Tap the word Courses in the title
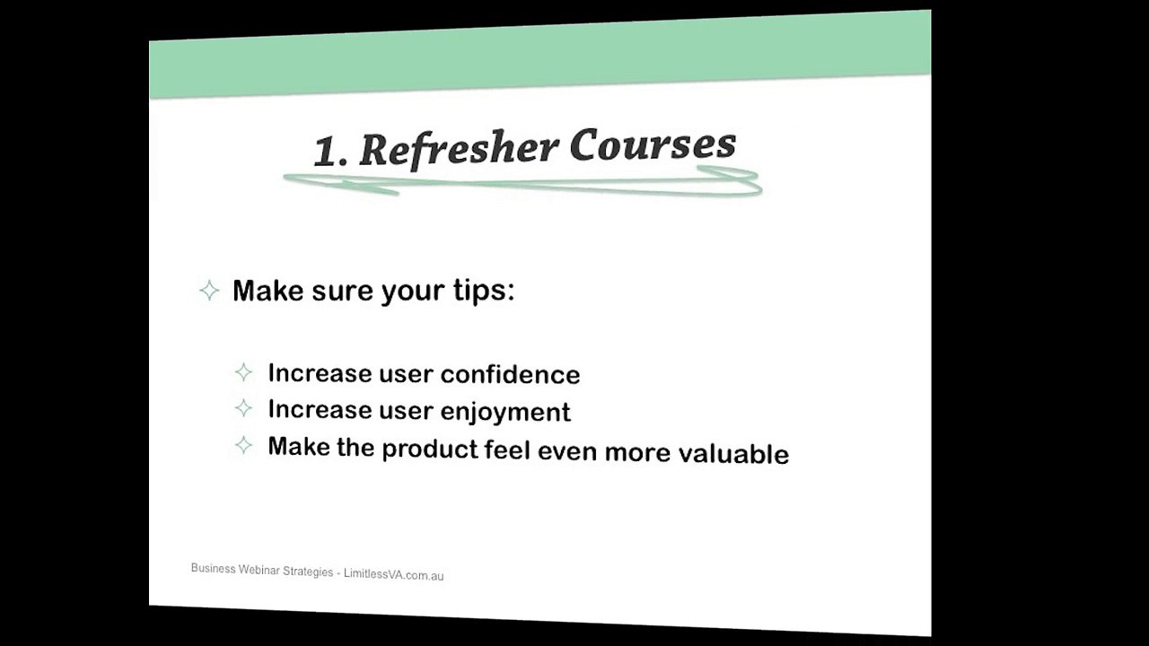tap(653, 145)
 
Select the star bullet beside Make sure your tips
tap(209, 290)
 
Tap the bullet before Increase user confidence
tap(243, 372)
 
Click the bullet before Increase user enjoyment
tap(243, 408)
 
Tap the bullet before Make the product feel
tap(243, 445)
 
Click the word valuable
tap(733, 453)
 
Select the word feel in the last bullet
tap(507, 450)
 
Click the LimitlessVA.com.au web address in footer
tap(393, 574)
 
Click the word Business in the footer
tap(214, 569)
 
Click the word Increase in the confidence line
tap(307, 372)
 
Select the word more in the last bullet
tap(637, 451)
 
